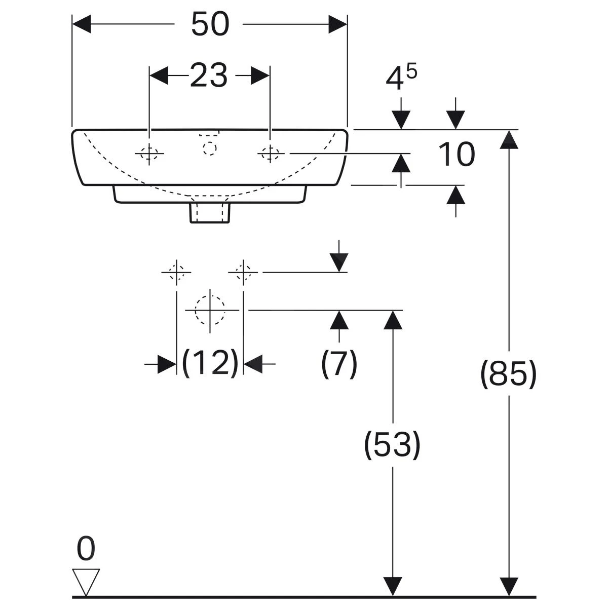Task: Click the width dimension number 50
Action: click(x=210, y=24)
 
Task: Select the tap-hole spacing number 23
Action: click(x=209, y=75)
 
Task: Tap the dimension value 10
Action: click(x=457, y=155)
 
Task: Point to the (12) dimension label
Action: click(x=210, y=363)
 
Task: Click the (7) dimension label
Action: click(x=339, y=363)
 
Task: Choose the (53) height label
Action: click(x=392, y=444)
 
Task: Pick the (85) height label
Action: click(x=508, y=374)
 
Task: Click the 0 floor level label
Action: click(x=86, y=549)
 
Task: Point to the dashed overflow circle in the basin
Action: click(x=209, y=148)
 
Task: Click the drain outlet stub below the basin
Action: click(x=210, y=212)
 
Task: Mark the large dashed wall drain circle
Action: click(x=210, y=310)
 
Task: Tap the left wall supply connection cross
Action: click(x=176, y=272)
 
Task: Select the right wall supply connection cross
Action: click(x=244, y=272)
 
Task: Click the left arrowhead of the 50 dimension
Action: click(x=81, y=24)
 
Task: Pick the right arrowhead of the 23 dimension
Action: click(x=260, y=76)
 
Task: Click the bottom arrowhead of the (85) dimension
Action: click(x=508, y=587)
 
